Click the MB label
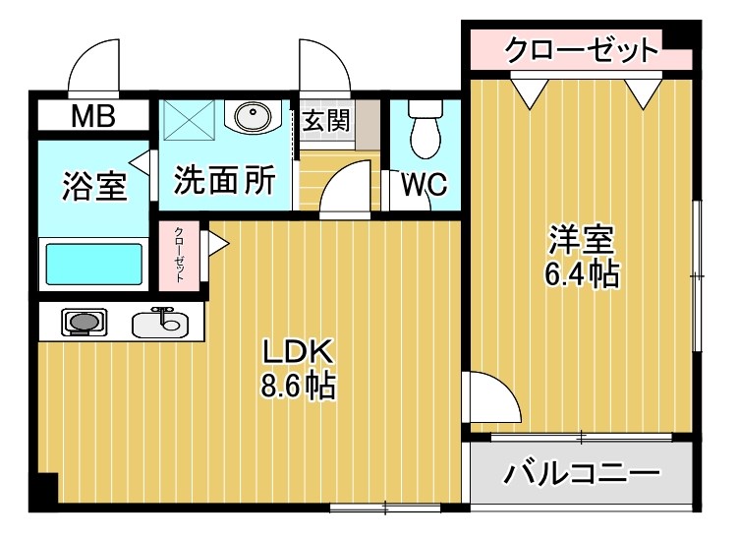click(92, 117)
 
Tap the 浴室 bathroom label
click(94, 186)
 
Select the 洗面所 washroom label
click(225, 179)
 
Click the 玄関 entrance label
click(326, 121)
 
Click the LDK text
click(299, 352)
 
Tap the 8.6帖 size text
click(299, 387)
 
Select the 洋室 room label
click(582, 239)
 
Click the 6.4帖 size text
click(582, 274)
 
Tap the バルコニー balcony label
click(582, 475)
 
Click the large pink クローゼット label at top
click(580, 49)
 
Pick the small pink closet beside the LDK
click(181, 255)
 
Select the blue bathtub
click(94, 264)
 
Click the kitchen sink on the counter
click(162, 320)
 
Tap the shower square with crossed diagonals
click(192, 122)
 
